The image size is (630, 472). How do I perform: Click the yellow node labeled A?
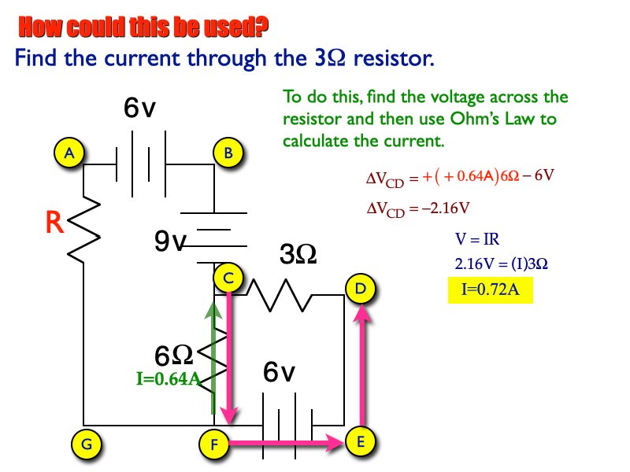tap(70, 153)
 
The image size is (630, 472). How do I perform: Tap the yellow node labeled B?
tap(228, 153)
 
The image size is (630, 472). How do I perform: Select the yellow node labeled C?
tap(228, 278)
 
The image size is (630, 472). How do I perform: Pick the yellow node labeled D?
tap(360, 289)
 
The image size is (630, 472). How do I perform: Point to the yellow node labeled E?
tap(360, 442)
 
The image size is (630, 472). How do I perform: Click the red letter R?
tap(54, 224)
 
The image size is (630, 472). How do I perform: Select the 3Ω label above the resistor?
tap(298, 254)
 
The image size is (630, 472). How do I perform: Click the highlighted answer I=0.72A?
tap(489, 290)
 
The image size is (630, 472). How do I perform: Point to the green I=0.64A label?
tap(167, 379)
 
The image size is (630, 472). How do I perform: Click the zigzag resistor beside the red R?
tap(85, 229)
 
